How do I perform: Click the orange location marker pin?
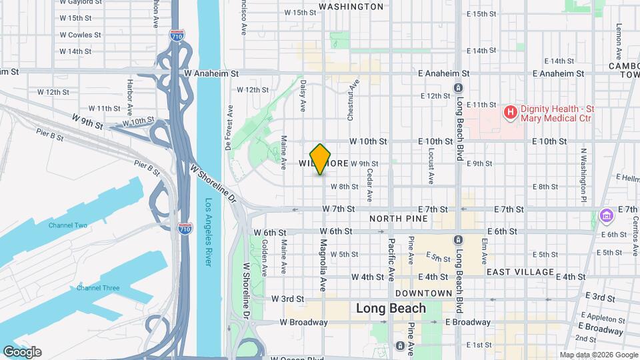[x=321, y=159]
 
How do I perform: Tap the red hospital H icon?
[x=510, y=112]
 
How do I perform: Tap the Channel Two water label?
[x=67, y=225]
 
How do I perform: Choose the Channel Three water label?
[x=97, y=288]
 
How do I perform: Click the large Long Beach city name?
[x=391, y=309]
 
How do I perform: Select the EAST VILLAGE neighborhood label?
[x=520, y=272]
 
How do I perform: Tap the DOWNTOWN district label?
[x=423, y=293]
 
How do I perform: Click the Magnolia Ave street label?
[x=323, y=265]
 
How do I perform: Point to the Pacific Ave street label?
[x=391, y=261]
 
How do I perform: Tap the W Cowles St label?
[x=80, y=35]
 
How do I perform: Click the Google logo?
[x=22, y=352]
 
